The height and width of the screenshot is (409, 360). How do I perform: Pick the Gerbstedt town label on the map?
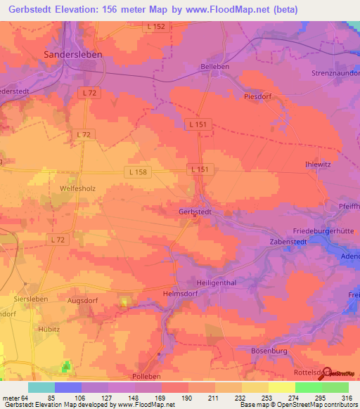195,212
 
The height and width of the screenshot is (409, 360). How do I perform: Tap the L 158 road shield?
137,171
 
